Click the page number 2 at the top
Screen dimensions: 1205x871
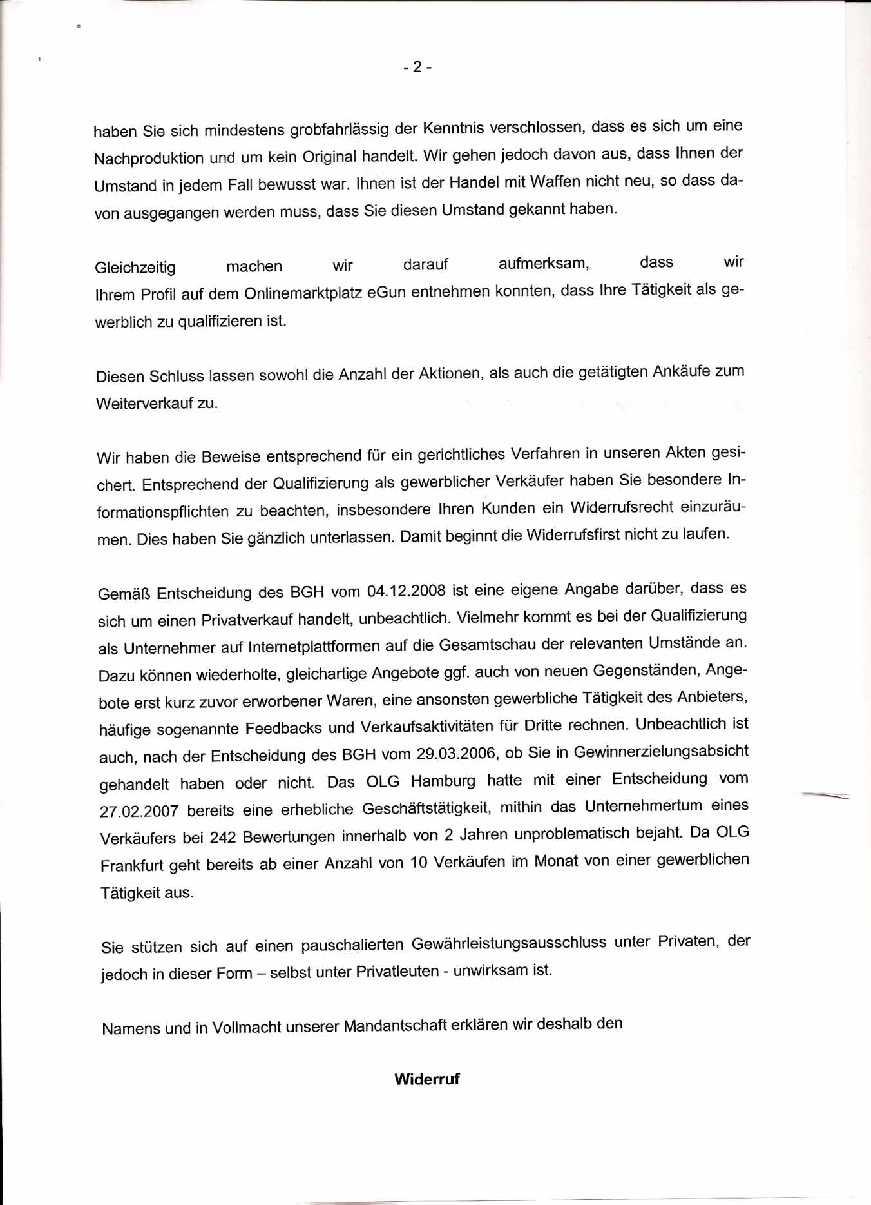[417, 66]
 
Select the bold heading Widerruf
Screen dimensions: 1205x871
[427, 1079]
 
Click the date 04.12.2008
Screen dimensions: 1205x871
[406, 591]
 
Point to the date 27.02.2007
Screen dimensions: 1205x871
[139, 811]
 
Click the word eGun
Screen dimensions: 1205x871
[387, 293]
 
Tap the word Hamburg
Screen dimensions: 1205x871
[443, 781]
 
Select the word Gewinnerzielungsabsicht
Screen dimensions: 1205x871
[661, 752]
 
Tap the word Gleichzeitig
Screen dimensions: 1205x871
[135, 268]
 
